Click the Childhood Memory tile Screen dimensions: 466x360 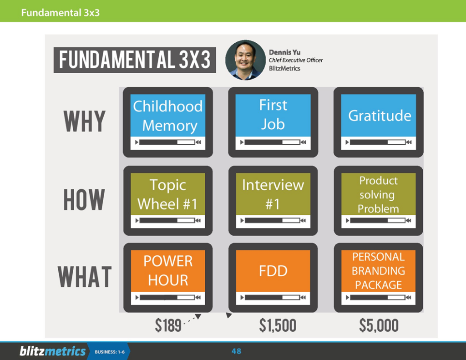click(x=168, y=122)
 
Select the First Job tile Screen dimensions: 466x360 click(x=273, y=122)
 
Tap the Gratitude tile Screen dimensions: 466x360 click(x=378, y=122)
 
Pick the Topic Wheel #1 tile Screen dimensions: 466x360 click(x=168, y=201)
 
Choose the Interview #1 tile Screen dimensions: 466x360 click(x=273, y=201)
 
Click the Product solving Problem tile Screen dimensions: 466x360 click(x=378, y=201)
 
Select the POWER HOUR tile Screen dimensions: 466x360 click(x=168, y=278)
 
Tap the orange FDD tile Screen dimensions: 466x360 click(x=273, y=278)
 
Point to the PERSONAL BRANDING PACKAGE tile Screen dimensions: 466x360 click(x=378, y=278)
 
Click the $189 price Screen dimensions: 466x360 click(x=168, y=325)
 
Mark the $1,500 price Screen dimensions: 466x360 click(x=278, y=325)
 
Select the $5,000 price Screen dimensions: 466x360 click(x=379, y=325)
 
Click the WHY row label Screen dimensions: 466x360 click(x=85, y=121)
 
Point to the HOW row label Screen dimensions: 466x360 click(x=84, y=200)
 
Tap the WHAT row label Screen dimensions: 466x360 click(x=85, y=277)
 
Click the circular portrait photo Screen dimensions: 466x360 click(x=245, y=60)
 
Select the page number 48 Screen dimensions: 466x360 click(x=236, y=351)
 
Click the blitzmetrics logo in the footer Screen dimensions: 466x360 click(x=53, y=351)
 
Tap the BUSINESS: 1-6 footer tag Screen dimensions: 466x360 click(x=110, y=352)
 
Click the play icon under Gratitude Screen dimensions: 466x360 click(x=347, y=142)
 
